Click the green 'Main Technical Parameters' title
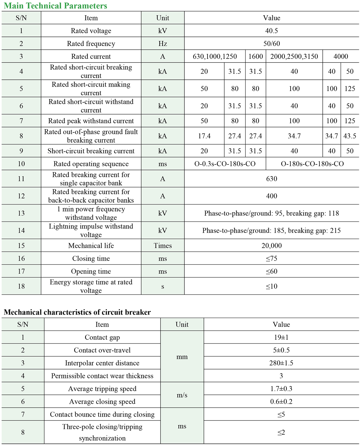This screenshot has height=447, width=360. point(55,6)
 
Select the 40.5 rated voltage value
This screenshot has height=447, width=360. point(272,31)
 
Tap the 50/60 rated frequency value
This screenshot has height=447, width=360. point(272,44)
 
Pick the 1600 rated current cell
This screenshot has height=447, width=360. point(256,57)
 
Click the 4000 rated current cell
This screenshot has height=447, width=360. point(341,57)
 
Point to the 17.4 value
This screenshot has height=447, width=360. point(204,136)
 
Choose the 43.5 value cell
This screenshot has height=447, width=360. point(350,136)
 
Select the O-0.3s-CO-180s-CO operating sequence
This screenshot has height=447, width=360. point(225,164)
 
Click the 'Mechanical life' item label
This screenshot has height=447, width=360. point(91,246)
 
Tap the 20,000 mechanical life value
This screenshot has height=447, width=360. point(272,246)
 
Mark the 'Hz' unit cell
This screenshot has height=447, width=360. point(163,44)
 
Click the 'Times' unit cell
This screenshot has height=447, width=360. point(163,246)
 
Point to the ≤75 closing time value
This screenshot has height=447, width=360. point(272,258)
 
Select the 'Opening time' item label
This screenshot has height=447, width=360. point(91,271)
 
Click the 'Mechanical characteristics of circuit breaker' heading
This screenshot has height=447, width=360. point(77,312)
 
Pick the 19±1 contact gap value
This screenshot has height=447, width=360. point(281,337)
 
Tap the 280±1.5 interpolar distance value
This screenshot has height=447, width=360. point(281,363)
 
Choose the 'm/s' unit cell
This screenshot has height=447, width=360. point(182,395)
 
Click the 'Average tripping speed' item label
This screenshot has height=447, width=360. point(102,389)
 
